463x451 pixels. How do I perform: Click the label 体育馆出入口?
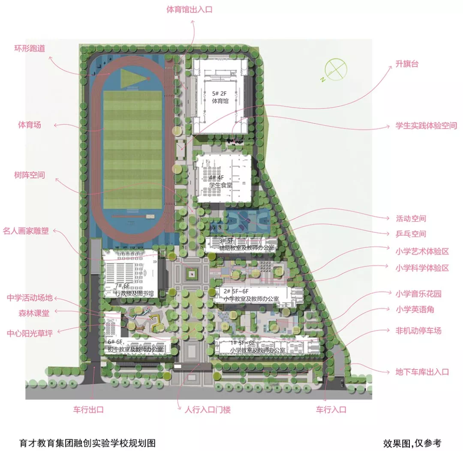click(189, 10)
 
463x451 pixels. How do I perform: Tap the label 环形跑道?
click(30, 48)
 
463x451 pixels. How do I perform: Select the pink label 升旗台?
click(407, 64)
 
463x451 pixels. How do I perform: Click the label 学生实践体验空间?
click(426, 126)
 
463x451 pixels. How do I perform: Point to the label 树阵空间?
click(30, 175)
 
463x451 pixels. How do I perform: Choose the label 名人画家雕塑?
click(26, 231)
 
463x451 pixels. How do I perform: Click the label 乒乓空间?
click(411, 234)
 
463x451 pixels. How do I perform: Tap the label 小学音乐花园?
click(418, 294)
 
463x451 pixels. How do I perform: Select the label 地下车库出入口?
click(422, 372)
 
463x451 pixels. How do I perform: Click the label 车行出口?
click(88, 410)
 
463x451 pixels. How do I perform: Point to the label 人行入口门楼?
click(207, 410)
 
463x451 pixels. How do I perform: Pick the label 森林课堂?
click(34, 313)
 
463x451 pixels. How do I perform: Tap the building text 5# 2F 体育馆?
click(220, 97)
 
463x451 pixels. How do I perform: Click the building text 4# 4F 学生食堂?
click(220, 181)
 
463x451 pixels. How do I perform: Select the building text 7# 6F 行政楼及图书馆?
click(130, 290)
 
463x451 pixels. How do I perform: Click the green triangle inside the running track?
click(132, 78)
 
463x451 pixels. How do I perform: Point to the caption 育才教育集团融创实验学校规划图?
click(87, 443)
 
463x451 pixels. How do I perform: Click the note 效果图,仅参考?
click(412, 443)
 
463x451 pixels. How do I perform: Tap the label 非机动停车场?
click(418, 331)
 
